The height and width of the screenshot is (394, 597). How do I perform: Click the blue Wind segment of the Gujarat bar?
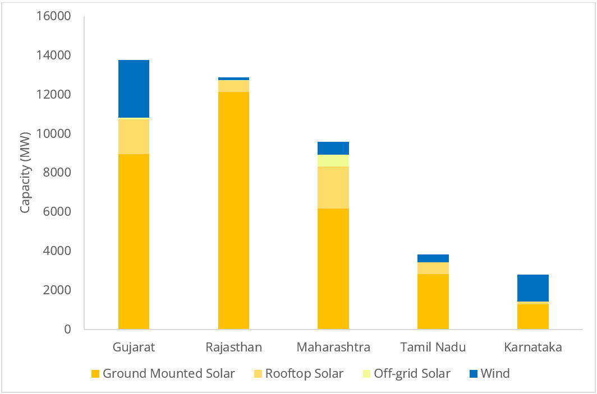[134, 89]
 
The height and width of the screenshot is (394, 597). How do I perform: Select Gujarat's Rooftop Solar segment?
[134, 136]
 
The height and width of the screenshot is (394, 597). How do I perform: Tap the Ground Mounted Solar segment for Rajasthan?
[233, 210]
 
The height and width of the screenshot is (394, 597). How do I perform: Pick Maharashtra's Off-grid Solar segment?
[333, 160]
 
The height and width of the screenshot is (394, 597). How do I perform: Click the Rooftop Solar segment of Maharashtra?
[333, 187]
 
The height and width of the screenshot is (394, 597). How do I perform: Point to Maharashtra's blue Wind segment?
[333, 148]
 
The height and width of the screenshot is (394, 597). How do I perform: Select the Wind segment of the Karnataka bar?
[533, 288]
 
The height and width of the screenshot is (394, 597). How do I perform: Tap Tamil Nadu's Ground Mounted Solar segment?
[433, 301]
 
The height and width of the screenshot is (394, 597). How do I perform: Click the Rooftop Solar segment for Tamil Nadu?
[433, 268]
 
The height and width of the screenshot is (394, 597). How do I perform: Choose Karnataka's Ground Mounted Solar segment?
[533, 316]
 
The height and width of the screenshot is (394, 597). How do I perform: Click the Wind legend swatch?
[472, 373]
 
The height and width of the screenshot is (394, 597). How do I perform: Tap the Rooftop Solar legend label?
[304, 373]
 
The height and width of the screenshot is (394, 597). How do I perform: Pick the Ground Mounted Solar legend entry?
[168, 373]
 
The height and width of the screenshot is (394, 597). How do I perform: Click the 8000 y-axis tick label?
[58, 173]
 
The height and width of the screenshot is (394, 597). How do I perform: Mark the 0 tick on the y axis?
[67, 329]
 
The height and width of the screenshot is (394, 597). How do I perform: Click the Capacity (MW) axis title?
[25, 173]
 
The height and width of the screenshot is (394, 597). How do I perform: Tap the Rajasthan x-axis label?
[233, 347]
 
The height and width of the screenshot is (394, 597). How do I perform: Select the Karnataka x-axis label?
[533, 347]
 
